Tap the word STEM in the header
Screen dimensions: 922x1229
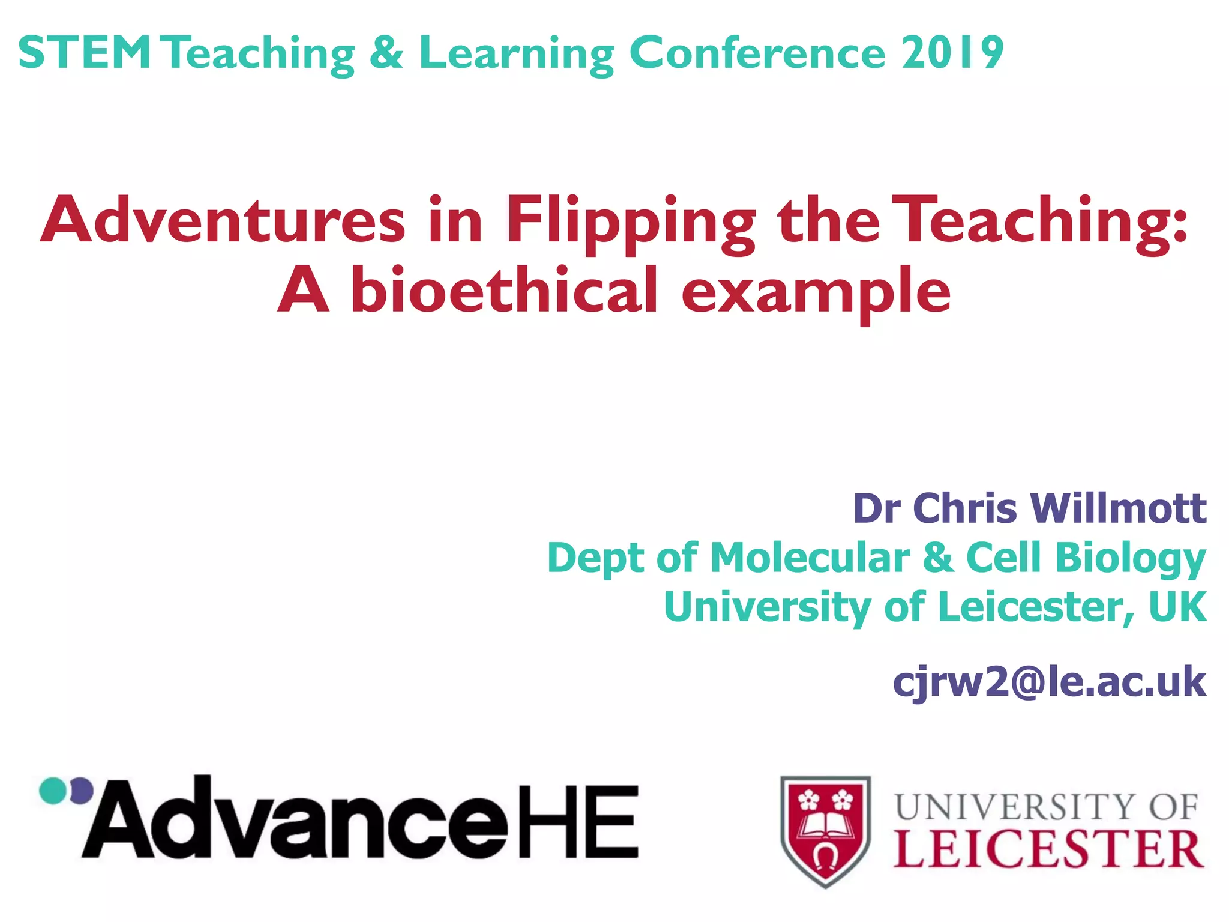[85, 53]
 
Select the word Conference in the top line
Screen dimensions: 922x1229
[757, 53]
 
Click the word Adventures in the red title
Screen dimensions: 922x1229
[223, 221]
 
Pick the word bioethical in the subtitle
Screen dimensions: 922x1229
[504, 291]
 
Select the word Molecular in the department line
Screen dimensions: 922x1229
[810, 558]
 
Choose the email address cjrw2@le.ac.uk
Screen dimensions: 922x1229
[1049, 682]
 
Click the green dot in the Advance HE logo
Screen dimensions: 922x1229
[52, 791]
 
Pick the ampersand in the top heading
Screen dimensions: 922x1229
[386, 53]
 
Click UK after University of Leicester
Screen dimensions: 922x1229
[1177, 607]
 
